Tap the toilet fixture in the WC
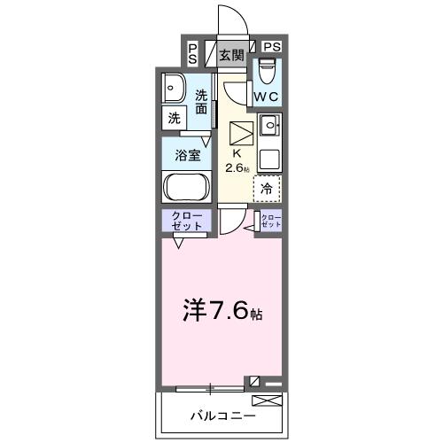point(267,70)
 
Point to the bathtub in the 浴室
point(185,188)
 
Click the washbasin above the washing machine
point(173,88)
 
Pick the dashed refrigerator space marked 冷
point(267,188)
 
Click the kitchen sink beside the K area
point(268,125)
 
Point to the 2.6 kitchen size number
point(236,167)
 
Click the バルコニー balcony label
point(222,415)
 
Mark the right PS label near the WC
point(270,47)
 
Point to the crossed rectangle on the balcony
point(272,403)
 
